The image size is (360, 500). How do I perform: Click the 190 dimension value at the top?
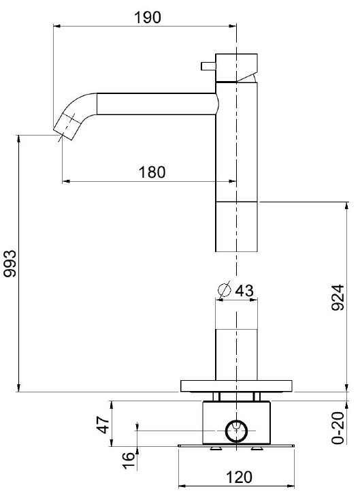click(x=148, y=17)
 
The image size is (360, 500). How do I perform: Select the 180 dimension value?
click(x=152, y=172)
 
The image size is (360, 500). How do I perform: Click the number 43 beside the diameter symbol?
click(x=244, y=290)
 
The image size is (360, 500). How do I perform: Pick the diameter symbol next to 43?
click(x=224, y=290)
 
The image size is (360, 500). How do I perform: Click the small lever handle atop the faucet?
click(x=207, y=65)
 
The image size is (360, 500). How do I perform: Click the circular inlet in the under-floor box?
click(x=236, y=430)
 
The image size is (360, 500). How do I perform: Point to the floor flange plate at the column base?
click(x=236, y=386)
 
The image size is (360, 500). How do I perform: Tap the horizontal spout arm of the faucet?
click(x=157, y=104)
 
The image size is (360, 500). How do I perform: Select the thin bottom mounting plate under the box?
click(x=236, y=446)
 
